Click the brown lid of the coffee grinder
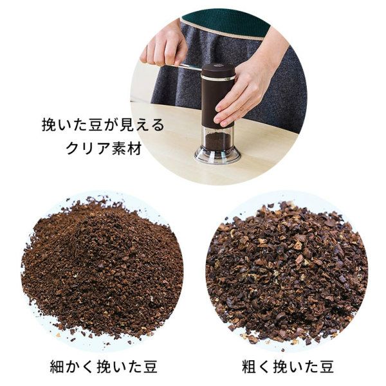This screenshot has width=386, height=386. [217, 70]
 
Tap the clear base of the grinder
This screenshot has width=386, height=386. [217, 155]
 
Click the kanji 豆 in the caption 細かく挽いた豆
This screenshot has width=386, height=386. [149, 366]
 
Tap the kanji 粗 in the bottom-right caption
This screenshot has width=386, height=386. [250, 366]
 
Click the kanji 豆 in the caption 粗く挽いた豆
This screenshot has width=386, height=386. [326, 366]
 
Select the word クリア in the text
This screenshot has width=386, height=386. [89, 149]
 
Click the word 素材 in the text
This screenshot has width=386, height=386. [127, 149]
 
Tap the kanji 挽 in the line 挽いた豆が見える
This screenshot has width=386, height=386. [50, 125]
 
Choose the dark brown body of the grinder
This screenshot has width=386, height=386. [217, 104]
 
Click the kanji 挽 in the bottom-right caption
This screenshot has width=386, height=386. [280, 366]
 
